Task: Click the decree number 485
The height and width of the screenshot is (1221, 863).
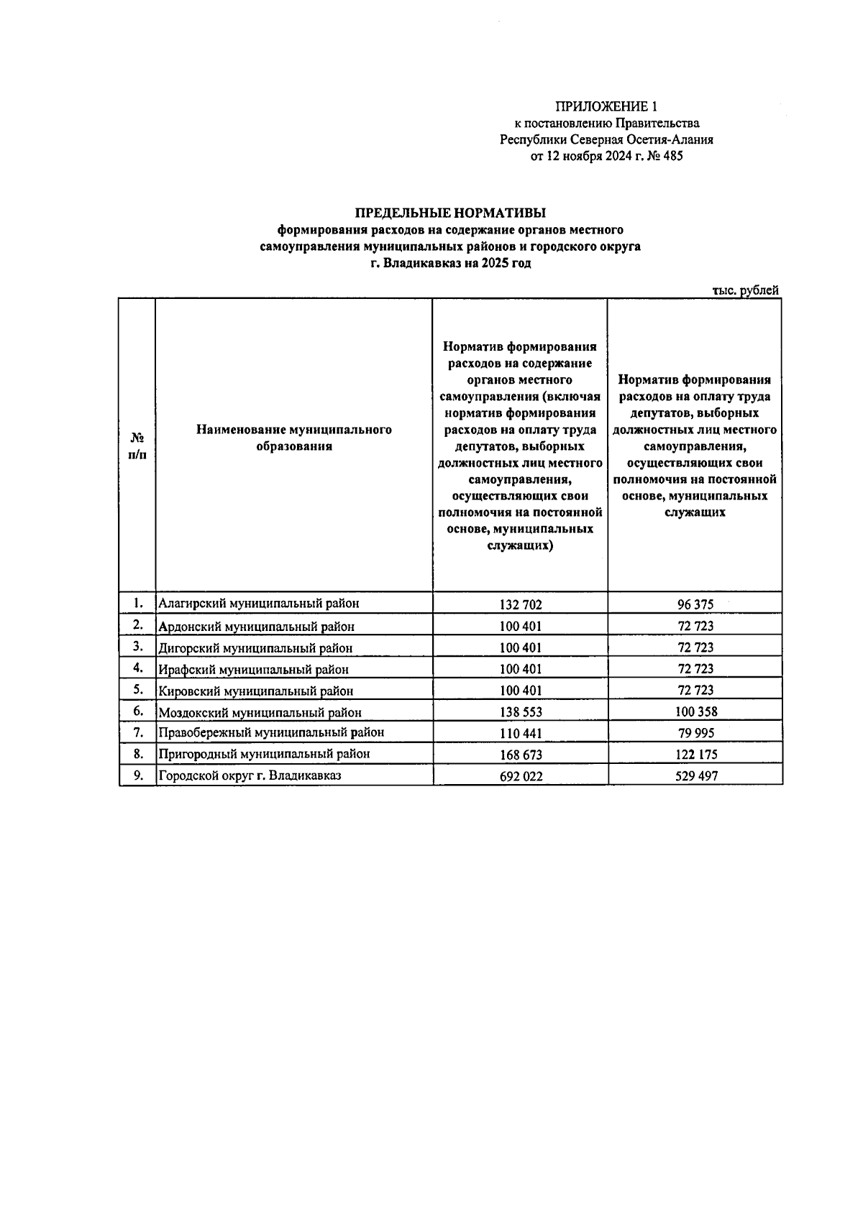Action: click(670, 156)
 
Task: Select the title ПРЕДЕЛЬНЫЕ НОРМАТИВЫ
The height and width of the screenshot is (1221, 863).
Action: click(450, 213)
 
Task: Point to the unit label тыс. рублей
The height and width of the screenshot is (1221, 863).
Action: click(746, 290)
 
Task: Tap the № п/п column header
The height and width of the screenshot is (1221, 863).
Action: click(137, 446)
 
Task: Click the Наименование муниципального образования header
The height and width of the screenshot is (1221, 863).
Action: click(293, 438)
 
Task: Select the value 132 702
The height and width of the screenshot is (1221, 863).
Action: click(521, 604)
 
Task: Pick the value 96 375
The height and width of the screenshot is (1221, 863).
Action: click(695, 604)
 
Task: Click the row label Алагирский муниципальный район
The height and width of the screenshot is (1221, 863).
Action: click(258, 604)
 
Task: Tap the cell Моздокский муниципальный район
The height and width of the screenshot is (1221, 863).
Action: click(260, 712)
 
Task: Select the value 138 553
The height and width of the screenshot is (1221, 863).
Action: click(521, 712)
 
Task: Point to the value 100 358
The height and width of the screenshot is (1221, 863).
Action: click(695, 712)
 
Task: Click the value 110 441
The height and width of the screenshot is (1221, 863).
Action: click(521, 734)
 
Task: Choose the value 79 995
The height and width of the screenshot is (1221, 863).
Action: click(695, 734)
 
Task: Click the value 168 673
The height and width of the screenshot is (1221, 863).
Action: click(521, 755)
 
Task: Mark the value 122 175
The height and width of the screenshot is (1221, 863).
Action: click(695, 755)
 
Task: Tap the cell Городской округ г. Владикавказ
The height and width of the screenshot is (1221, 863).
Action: click(250, 775)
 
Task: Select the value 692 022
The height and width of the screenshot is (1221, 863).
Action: click(521, 776)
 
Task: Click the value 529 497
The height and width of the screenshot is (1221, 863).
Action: click(695, 776)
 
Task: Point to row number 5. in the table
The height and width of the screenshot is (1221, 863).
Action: click(139, 689)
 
